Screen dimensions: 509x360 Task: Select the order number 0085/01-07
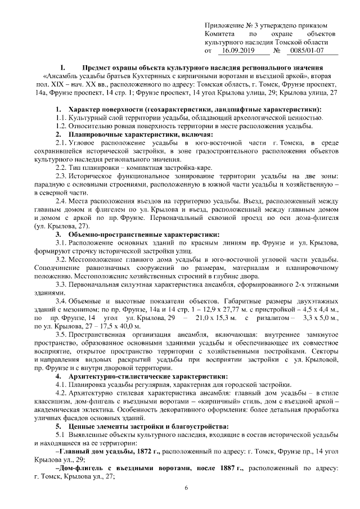[305, 51]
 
